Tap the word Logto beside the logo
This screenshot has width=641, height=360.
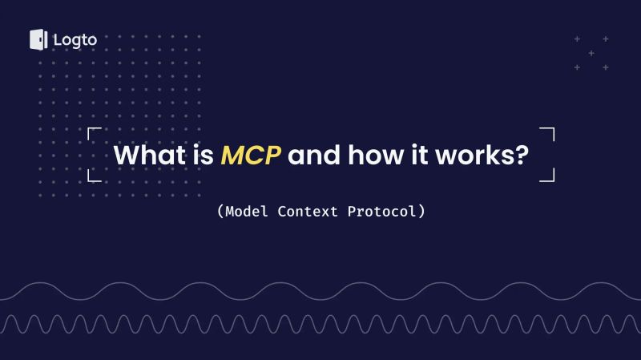75,39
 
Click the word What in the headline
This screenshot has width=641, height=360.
145,154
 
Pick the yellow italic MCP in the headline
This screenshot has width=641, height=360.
251,154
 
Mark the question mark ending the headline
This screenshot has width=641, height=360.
521,154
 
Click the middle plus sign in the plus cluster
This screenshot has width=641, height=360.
591,53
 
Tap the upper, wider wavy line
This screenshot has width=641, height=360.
320,290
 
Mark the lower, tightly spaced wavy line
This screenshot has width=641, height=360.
320,323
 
